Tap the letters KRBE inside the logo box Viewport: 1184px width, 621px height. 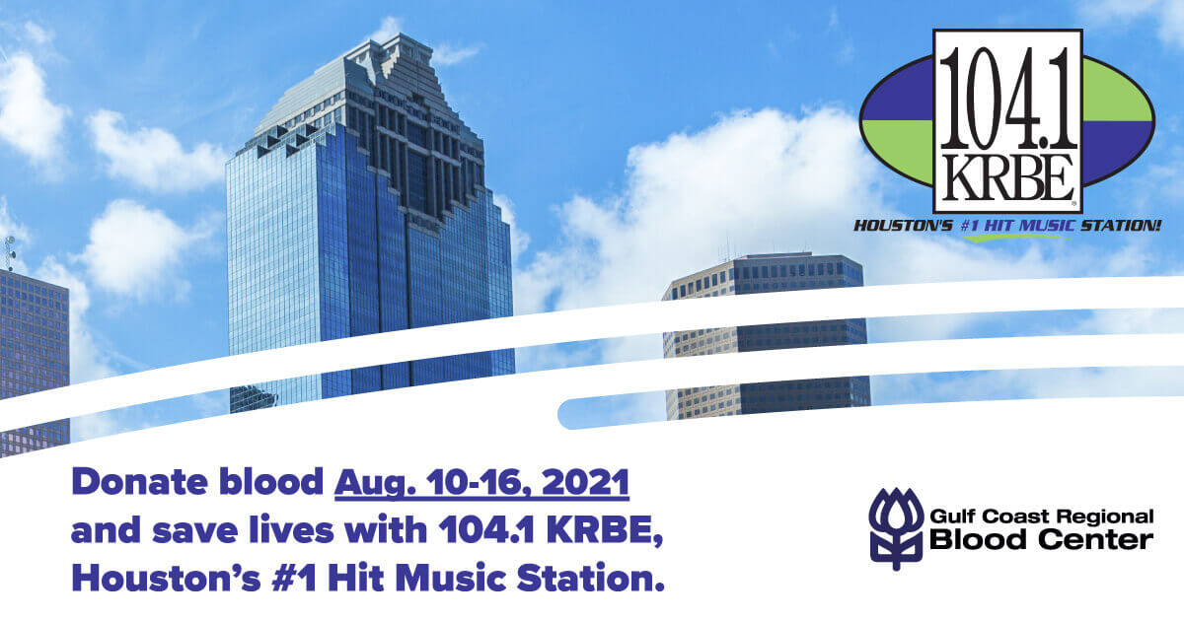(1006, 177)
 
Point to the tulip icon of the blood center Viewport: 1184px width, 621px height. (895, 528)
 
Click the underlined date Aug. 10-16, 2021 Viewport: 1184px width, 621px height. (481, 484)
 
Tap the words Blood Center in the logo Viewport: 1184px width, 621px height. (1041, 540)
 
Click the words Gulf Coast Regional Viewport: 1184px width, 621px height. (1041, 517)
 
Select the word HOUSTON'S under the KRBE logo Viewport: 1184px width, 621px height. (903, 227)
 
